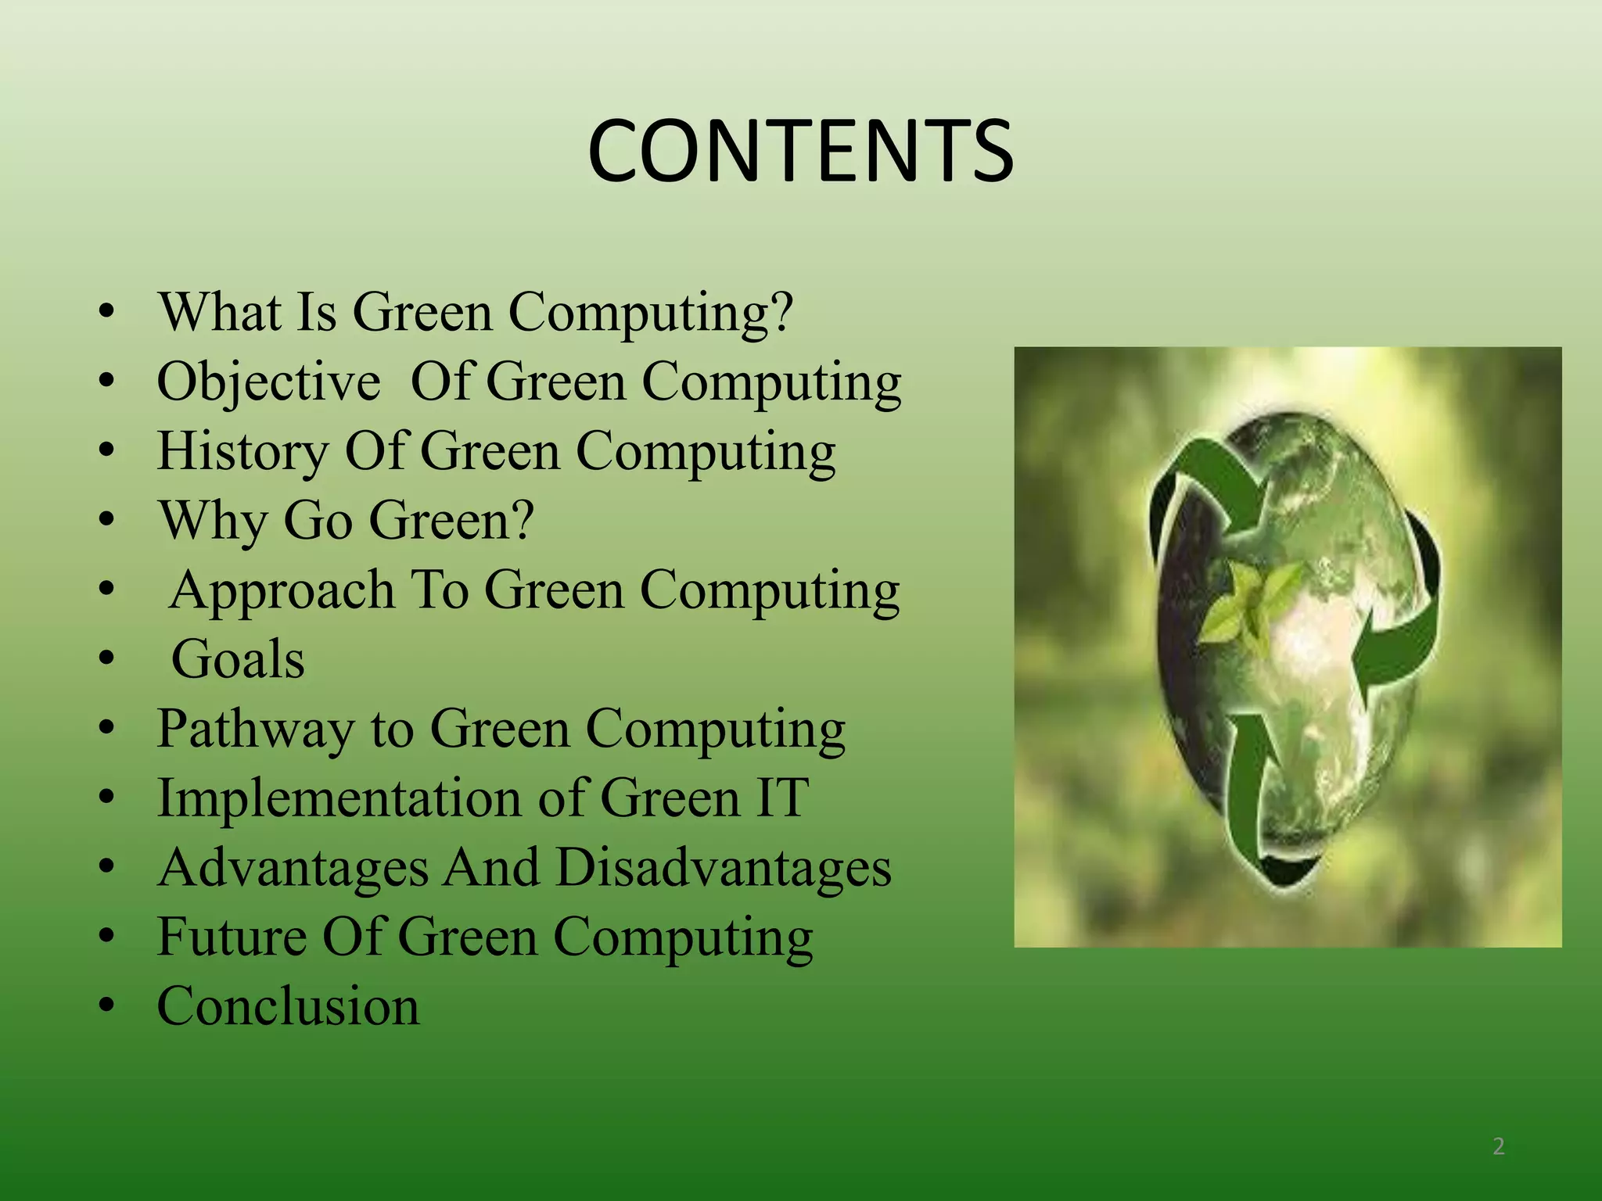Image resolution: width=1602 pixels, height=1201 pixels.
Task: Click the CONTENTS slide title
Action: tap(800, 151)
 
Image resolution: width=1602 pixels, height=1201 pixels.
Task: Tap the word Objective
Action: tap(268, 382)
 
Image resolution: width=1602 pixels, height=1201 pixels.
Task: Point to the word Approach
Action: tap(282, 590)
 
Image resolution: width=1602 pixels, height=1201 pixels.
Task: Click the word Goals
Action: tap(238, 659)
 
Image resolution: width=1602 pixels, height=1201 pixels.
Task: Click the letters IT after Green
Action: tap(781, 798)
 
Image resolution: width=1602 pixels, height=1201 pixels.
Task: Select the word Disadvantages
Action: tap(724, 868)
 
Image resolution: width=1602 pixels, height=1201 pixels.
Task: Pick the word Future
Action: tap(232, 937)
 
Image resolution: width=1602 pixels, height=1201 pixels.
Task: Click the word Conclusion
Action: tap(288, 1006)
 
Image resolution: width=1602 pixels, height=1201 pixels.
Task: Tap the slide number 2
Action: tap(1498, 1146)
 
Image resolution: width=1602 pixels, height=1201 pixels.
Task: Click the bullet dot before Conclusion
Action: tap(107, 1006)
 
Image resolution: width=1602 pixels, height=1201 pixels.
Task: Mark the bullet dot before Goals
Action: tap(107, 659)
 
